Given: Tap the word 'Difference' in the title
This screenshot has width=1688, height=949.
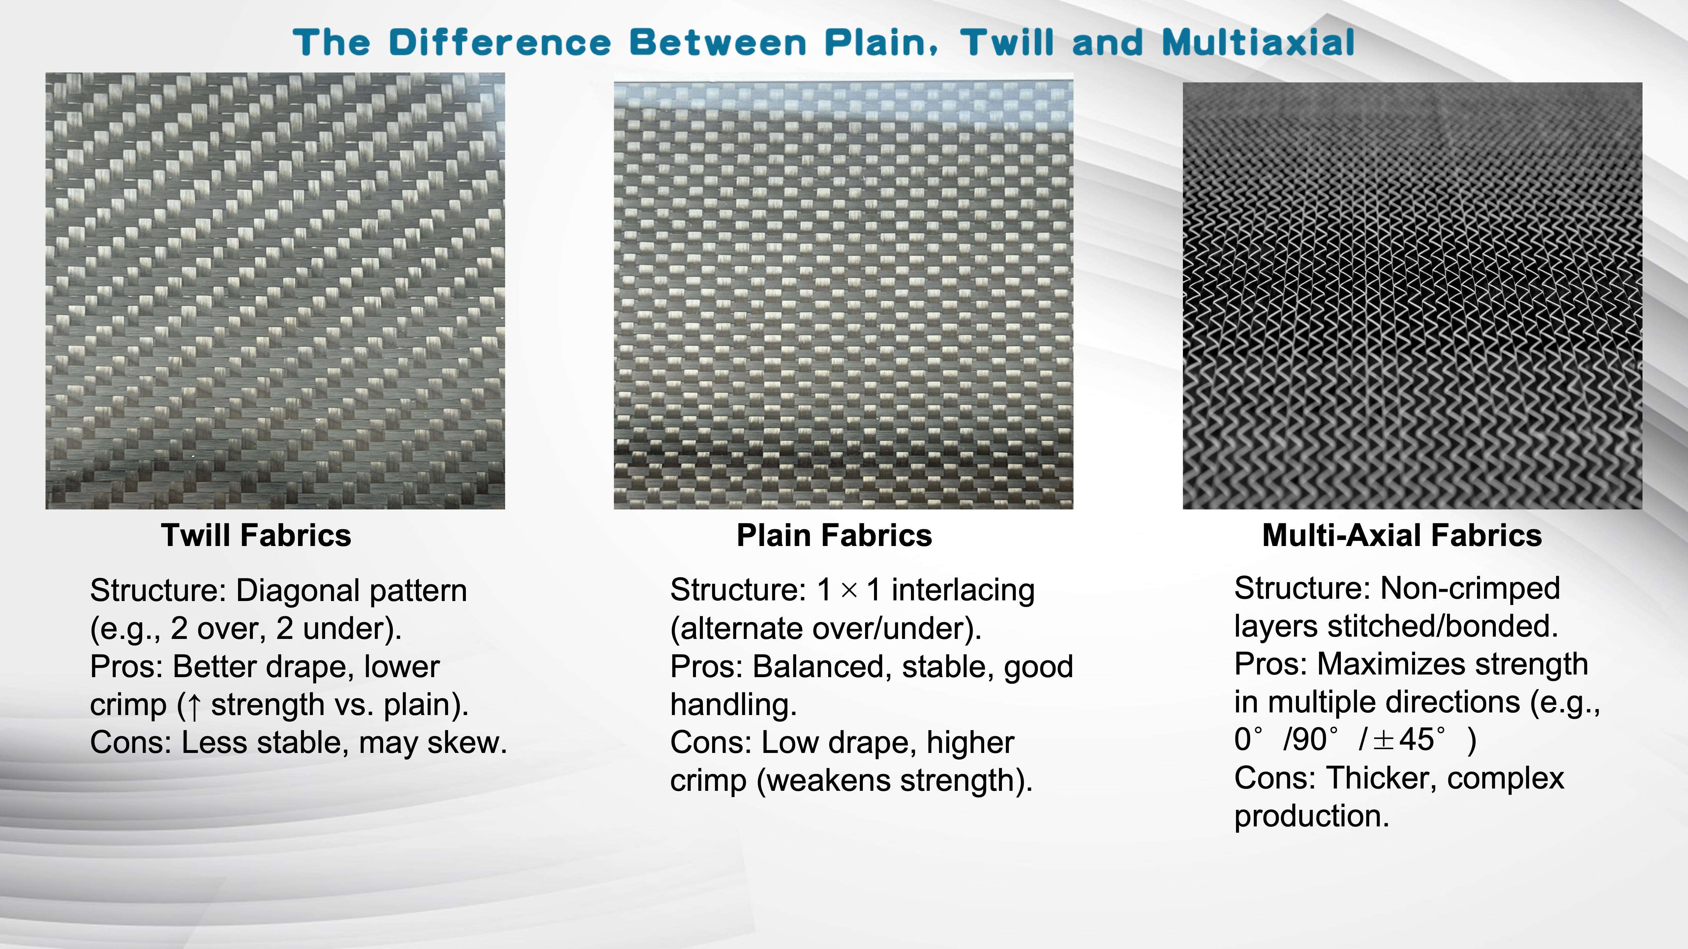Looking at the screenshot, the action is [500, 43].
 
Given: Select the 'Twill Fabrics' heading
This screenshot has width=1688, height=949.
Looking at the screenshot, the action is [256, 535].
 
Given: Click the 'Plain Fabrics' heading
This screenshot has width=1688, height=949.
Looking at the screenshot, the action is [834, 535].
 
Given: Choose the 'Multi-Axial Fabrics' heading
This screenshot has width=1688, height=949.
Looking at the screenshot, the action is [1402, 535].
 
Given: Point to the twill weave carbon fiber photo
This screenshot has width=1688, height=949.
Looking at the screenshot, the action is [275, 291].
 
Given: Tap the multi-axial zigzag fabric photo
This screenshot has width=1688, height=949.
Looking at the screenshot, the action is [1412, 296].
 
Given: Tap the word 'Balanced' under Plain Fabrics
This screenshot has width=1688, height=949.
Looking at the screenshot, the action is [822, 667].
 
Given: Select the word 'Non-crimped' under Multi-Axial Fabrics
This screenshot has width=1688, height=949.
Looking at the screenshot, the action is [1470, 588].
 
